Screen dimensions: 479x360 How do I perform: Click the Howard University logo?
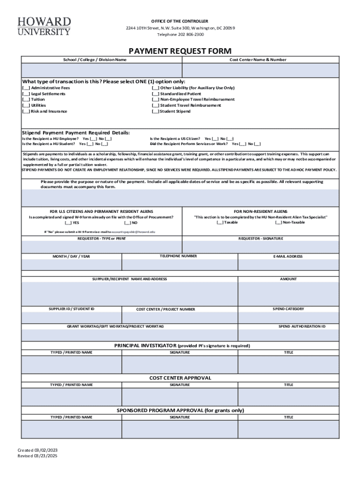point(44,26)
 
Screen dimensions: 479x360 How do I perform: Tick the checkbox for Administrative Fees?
point(26,88)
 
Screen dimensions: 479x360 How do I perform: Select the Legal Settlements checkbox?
point(26,94)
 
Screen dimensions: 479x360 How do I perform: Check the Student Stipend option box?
point(155,111)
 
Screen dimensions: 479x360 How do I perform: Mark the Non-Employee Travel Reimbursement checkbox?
point(155,100)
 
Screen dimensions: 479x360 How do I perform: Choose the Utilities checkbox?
point(26,106)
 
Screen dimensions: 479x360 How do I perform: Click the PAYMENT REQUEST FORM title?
point(180,51)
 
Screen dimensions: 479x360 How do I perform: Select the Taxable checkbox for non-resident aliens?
point(220,223)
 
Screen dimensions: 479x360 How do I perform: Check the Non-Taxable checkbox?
point(279,223)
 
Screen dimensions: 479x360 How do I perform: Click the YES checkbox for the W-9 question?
point(68,223)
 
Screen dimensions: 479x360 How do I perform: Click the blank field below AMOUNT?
point(288,293)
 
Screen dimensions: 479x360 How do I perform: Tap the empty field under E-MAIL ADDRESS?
point(288,265)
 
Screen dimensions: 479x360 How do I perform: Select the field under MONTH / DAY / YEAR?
point(71,265)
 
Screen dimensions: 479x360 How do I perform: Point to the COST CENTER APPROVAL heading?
point(180,378)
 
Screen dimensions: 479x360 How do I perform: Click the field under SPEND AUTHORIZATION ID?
point(288,335)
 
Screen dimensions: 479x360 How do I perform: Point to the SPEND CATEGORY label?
point(288,309)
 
